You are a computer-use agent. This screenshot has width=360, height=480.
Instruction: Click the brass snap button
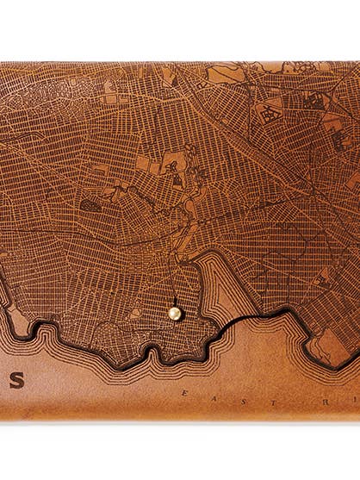pos(175,314)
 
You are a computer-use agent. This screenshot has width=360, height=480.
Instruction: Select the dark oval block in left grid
pos(90,205)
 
